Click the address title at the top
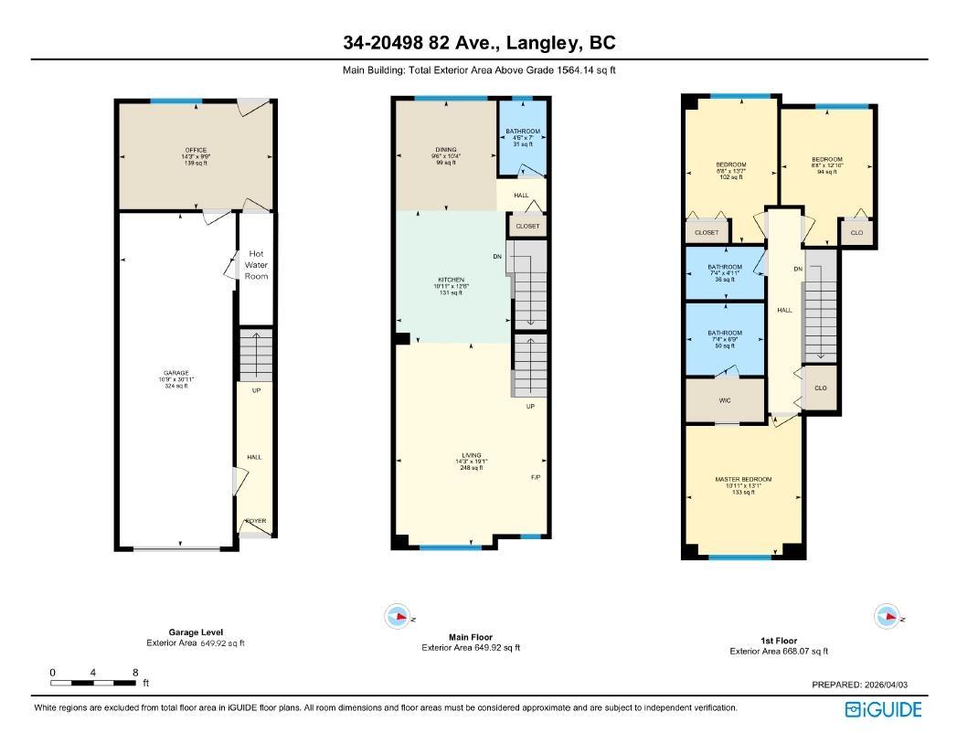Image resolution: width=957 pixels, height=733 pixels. click(x=479, y=43)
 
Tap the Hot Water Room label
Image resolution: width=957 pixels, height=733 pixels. click(x=256, y=265)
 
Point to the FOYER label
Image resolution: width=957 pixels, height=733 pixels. click(x=256, y=521)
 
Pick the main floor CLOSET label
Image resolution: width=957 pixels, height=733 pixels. click(x=527, y=226)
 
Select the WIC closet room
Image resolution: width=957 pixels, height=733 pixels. click(x=725, y=399)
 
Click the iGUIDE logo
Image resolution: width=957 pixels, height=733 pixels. click(x=883, y=709)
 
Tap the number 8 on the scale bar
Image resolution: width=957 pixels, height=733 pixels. click(x=135, y=672)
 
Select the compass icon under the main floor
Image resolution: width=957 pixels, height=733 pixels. click(x=399, y=616)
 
